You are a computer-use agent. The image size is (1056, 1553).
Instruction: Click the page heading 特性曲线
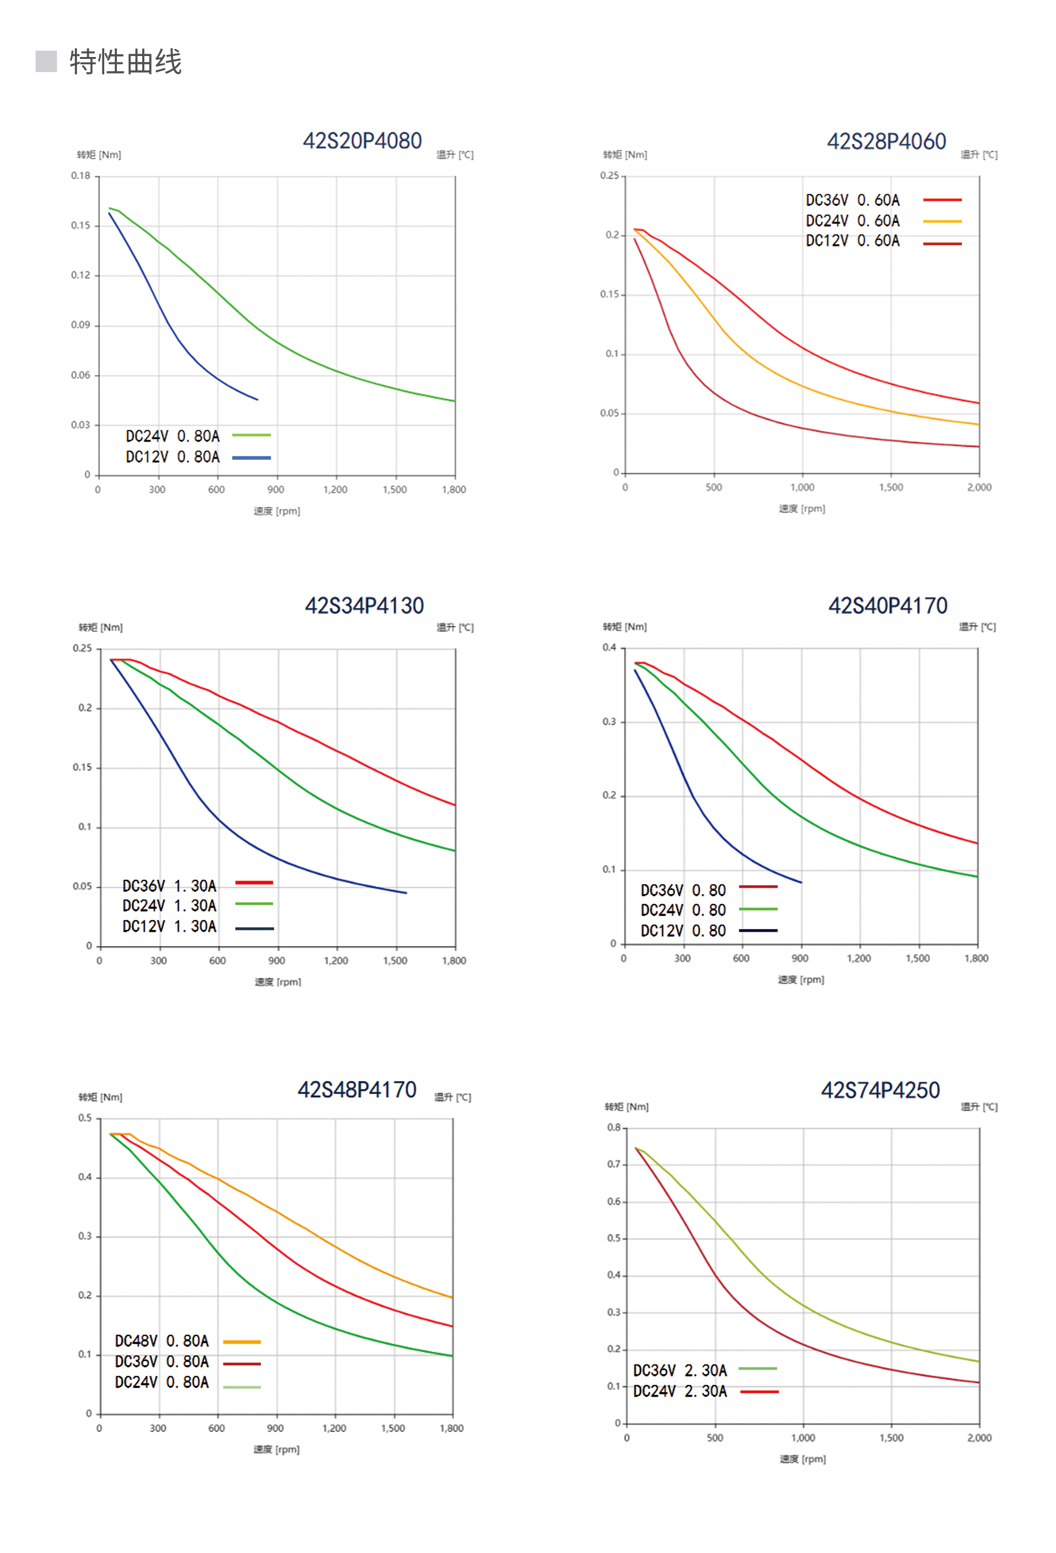point(125,62)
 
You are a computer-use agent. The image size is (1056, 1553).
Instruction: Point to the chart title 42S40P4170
point(887,606)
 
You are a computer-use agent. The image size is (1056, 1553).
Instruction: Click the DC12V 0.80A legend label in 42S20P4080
point(172,457)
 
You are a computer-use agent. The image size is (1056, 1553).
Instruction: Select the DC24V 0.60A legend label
point(852,221)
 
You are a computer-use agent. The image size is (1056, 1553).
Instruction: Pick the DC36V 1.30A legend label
point(169,886)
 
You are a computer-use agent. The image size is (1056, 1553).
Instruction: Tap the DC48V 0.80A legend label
point(162,1341)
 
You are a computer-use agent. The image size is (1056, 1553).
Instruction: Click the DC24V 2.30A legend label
point(679,1391)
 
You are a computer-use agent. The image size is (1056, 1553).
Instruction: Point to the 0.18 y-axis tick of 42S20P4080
point(81,176)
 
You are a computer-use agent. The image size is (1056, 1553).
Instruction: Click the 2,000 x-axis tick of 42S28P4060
point(979,487)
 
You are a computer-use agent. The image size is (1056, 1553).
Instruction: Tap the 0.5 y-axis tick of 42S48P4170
point(85,1118)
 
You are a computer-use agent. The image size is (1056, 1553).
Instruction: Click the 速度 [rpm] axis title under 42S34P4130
point(277,982)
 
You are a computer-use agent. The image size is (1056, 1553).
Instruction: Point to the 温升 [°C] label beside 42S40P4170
point(977,627)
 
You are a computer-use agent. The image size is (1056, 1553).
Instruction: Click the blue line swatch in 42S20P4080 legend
point(251,458)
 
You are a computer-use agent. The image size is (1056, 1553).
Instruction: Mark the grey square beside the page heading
point(46,61)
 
